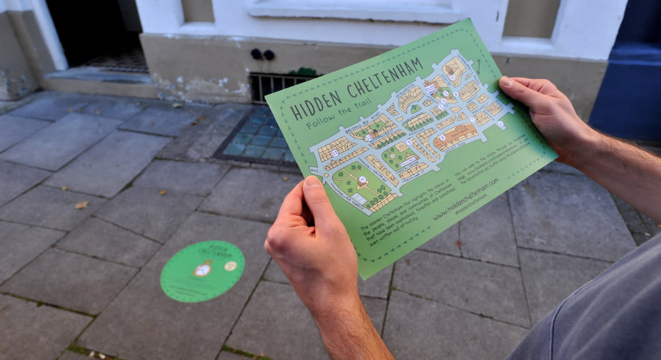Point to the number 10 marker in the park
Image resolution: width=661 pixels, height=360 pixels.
[362, 180]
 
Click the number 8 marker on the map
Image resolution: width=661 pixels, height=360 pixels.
[442, 138]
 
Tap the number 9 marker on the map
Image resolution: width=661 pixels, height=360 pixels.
[409, 142]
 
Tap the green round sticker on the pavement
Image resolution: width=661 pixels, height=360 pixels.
[202, 271]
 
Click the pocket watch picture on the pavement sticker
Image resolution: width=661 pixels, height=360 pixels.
[202, 268]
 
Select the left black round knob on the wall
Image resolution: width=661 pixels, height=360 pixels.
[256, 54]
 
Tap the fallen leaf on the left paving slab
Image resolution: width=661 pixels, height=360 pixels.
[81, 205]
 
